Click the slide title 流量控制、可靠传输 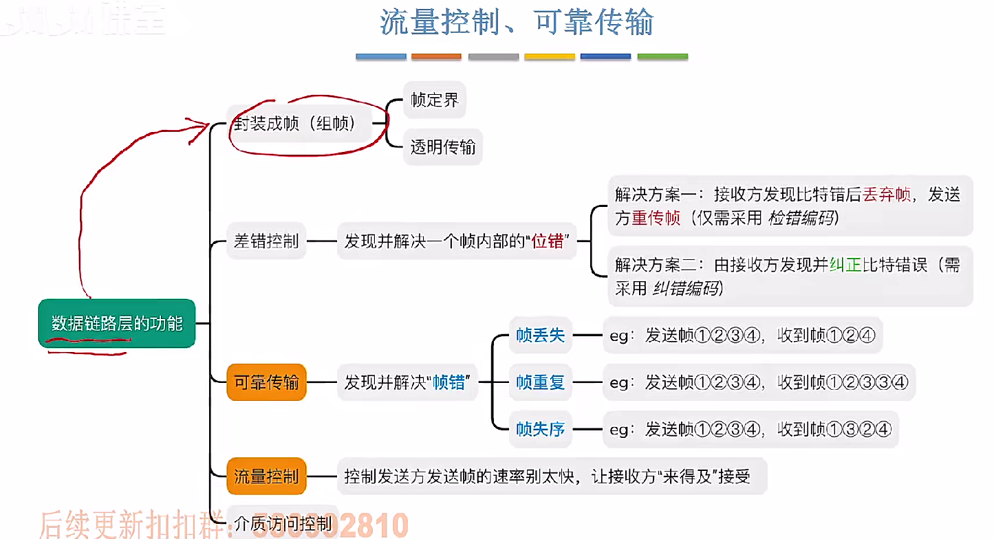click(x=516, y=23)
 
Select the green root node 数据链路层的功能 click(x=117, y=323)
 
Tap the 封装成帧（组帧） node click(x=296, y=124)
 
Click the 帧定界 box click(x=435, y=100)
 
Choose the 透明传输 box click(x=442, y=146)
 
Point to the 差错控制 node click(x=266, y=241)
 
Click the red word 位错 click(x=552, y=241)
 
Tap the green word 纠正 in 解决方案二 click(x=846, y=265)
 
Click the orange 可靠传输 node click(x=266, y=382)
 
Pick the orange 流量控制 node click(x=266, y=476)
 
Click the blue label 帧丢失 click(x=540, y=335)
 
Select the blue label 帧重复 click(x=540, y=382)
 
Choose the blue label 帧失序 click(x=540, y=430)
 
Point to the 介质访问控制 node click(x=282, y=524)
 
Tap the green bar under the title click(x=662, y=56)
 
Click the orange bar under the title click(x=436, y=56)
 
